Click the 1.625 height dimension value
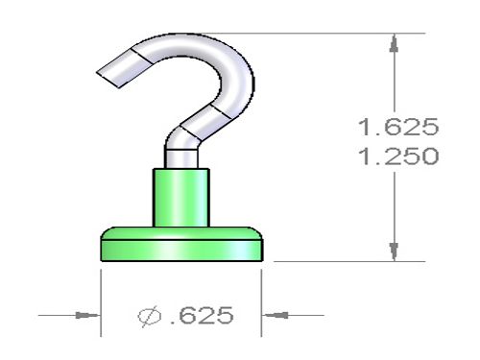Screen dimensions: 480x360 [398, 127]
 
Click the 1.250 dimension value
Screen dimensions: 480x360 [398, 156]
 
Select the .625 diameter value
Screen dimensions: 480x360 [203, 315]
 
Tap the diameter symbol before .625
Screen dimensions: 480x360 [149, 316]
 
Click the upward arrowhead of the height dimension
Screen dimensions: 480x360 [394, 43]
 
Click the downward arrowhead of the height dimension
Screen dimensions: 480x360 [394, 252]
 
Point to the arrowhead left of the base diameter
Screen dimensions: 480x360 [88, 315]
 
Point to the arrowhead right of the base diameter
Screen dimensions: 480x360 [275, 315]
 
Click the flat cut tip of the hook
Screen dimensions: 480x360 [108, 79]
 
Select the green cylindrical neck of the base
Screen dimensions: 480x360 [181, 198]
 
